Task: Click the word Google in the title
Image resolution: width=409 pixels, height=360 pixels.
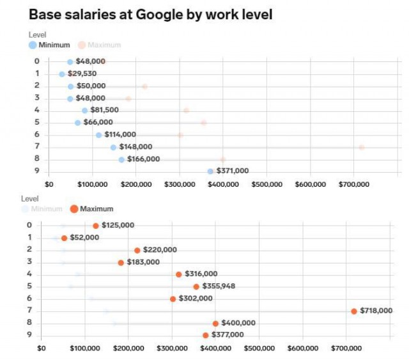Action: [x=159, y=15]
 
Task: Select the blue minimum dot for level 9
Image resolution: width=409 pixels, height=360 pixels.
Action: [x=210, y=171]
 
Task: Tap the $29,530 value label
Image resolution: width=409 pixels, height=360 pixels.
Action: [x=82, y=74]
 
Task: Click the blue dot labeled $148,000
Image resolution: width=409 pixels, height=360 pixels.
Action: [x=113, y=148]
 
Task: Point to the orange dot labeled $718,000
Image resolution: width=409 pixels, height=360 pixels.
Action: [x=354, y=311]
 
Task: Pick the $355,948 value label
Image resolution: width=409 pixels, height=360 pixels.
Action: [x=219, y=286]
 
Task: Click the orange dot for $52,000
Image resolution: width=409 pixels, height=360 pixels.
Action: [x=64, y=238]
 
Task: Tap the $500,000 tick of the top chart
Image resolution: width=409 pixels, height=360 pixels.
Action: [x=267, y=185]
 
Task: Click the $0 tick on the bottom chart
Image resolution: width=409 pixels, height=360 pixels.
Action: [x=41, y=348]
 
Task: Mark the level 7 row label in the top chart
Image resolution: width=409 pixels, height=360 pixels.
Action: [x=37, y=146]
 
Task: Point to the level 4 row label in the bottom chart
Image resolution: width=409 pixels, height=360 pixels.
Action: [x=29, y=274]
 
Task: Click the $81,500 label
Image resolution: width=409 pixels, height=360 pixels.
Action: [x=104, y=110]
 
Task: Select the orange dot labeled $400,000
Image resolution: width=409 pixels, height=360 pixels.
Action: [x=215, y=324]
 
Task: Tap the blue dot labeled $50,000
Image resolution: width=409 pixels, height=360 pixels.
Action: [x=71, y=86]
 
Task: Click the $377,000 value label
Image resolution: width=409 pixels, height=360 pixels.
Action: [x=228, y=334]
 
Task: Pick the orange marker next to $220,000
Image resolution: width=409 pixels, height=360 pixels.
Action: [x=137, y=251]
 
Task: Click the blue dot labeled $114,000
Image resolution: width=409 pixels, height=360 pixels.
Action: [x=98, y=135]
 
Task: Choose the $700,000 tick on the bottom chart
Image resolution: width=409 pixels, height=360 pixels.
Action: [x=346, y=348]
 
